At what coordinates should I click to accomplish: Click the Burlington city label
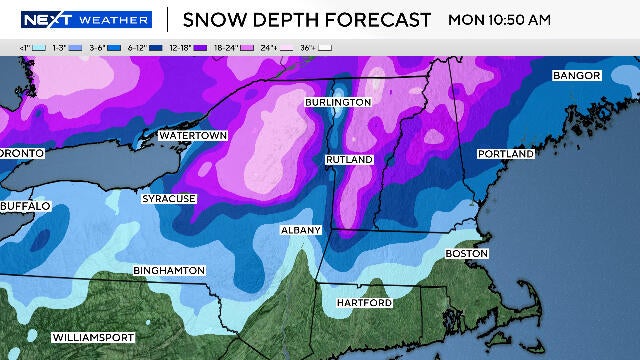point(338,102)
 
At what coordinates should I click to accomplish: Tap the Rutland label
point(349,160)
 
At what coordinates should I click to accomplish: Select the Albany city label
point(301,230)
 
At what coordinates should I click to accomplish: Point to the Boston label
point(466,254)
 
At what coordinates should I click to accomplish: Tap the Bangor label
point(576,76)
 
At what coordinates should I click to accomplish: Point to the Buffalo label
point(25,205)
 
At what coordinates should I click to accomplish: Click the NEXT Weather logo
point(87,20)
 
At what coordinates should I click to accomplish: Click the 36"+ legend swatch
point(325,47)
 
